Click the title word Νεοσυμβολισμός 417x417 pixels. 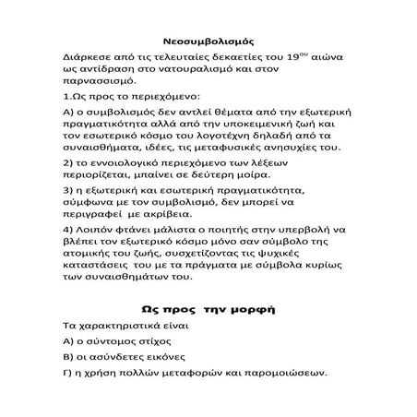coord(208,42)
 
